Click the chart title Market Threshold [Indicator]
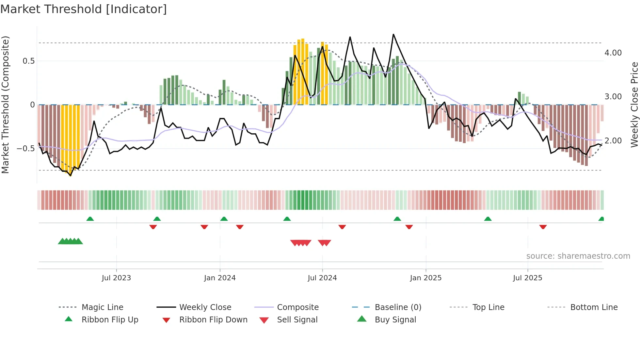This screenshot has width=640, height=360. [84, 9]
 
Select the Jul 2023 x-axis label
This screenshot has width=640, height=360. [116, 278]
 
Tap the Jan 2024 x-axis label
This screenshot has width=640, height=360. [220, 278]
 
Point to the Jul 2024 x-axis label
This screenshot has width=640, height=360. [322, 278]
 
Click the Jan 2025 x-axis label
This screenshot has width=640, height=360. [426, 278]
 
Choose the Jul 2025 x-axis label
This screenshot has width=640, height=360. [528, 278]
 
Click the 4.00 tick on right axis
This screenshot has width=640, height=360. [613, 53]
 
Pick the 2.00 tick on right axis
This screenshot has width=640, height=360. [613, 141]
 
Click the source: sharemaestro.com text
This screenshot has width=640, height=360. [578, 256]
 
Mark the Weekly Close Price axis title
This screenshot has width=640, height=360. [634, 105]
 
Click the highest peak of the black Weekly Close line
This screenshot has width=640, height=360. [393, 34]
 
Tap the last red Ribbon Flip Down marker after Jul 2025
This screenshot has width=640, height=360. [543, 227]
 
